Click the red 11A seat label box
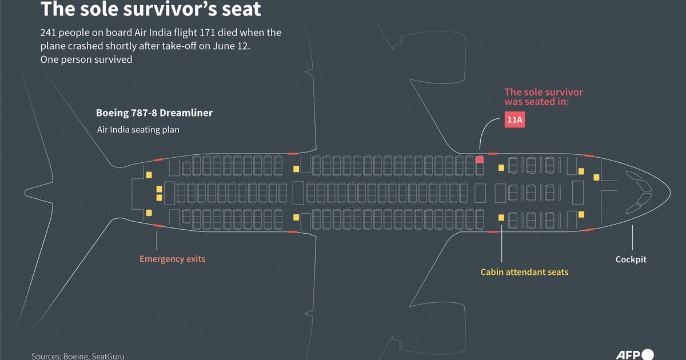click(514, 121)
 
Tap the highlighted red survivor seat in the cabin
click(480, 159)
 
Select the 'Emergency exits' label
click(172, 259)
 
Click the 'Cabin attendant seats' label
click(524, 272)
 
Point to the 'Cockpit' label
click(631, 259)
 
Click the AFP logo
click(635, 354)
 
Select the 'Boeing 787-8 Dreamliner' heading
click(154, 113)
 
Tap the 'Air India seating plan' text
click(138, 130)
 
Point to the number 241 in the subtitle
click(49, 33)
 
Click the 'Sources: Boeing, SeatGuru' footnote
click(78, 356)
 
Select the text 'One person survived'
click(86, 59)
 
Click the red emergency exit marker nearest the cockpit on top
click(589, 155)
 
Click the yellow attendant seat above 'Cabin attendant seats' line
click(501, 218)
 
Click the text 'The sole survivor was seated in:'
click(543, 97)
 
